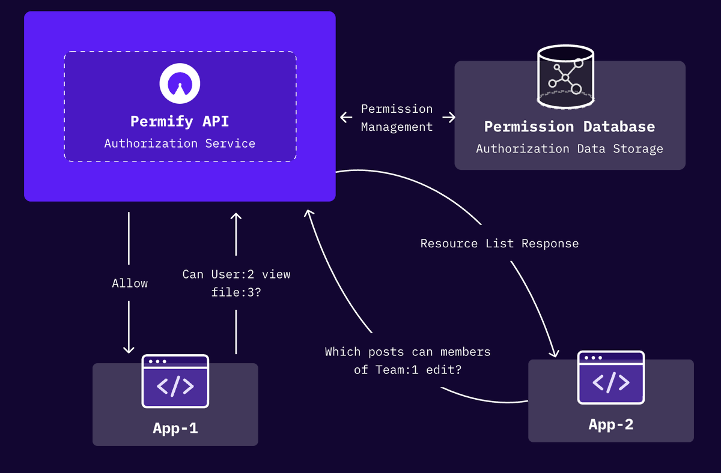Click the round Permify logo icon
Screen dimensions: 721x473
click(x=180, y=83)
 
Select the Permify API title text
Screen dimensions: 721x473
click(x=180, y=121)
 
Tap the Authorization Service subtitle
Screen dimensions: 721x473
click(x=180, y=143)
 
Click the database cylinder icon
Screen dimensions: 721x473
click(x=565, y=76)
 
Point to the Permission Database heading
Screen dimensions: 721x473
click(x=570, y=127)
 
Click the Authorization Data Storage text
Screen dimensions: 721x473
click(x=570, y=149)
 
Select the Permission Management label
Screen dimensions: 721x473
click(x=397, y=118)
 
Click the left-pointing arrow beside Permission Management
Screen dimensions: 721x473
click(x=346, y=118)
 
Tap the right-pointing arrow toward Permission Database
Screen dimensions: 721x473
click(x=449, y=118)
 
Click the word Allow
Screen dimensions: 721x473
click(x=130, y=283)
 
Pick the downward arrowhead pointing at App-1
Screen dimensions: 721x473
click(x=129, y=349)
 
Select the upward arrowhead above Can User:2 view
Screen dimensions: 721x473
click(x=236, y=217)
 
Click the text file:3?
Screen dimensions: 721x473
click(x=236, y=292)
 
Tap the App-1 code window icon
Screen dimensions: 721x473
click(x=175, y=381)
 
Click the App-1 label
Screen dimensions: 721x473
click(x=175, y=429)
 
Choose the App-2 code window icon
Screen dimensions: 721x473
click(x=611, y=378)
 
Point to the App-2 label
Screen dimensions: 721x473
click(x=611, y=424)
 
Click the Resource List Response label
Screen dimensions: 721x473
click(x=499, y=244)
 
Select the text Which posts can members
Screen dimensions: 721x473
click(x=408, y=352)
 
